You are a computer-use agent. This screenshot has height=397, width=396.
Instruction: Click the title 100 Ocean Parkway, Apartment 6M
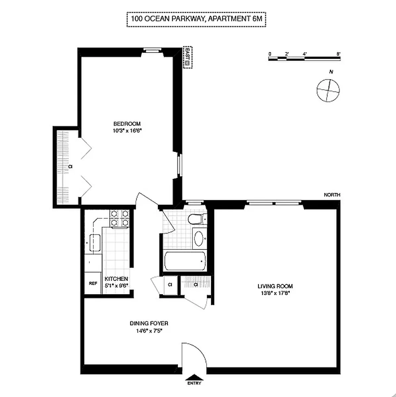(x=197, y=19)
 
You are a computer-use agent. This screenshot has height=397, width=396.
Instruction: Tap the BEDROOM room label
(x=127, y=124)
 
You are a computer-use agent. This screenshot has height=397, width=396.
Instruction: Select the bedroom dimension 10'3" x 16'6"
(x=127, y=131)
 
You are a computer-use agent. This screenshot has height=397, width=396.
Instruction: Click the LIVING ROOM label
(x=275, y=286)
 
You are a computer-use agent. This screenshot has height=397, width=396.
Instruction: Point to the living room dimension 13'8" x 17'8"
(x=275, y=293)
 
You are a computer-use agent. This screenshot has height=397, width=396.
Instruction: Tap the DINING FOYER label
(x=149, y=324)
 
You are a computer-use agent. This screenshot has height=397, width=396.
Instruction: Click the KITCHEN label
(x=116, y=279)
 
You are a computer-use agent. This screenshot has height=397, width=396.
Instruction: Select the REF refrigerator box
(x=93, y=283)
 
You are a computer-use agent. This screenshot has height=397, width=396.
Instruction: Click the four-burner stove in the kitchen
(x=119, y=219)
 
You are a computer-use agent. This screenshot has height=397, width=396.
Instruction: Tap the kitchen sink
(x=95, y=243)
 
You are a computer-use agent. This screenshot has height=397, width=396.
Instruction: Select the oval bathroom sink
(x=198, y=239)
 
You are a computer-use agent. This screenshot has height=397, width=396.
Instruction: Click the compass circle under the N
(x=328, y=90)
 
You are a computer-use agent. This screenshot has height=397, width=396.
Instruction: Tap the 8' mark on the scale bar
(x=338, y=54)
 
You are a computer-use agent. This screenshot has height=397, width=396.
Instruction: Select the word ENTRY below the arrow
(x=194, y=383)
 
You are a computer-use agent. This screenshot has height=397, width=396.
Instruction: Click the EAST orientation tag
(x=188, y=57)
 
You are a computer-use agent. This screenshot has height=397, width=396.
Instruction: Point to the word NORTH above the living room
(x=332, y=195)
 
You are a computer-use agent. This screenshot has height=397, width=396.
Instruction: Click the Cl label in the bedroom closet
(x=70, y=166)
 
